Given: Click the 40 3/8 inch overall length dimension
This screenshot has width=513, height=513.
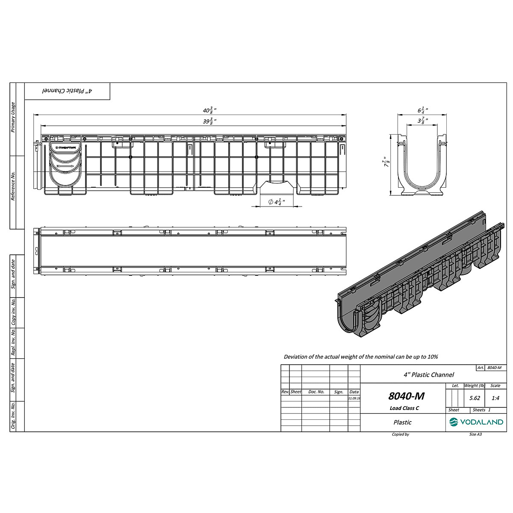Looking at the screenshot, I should point(209,110).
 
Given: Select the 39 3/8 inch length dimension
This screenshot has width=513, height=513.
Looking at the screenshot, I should point(209,121).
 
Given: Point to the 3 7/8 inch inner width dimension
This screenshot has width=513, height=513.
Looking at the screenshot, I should point(423,121).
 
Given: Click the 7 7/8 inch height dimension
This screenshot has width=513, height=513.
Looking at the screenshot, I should point(387,162).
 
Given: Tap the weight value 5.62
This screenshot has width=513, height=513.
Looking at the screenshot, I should point(475,398).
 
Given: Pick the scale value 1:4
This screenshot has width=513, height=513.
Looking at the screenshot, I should point(495,398).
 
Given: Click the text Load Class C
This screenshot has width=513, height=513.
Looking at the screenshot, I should point(404,408).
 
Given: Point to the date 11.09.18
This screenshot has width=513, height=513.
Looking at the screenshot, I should point(354,398).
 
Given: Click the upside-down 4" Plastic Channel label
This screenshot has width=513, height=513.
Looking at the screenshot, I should point(67,91).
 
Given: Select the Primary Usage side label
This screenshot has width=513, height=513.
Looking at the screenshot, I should point(13,118).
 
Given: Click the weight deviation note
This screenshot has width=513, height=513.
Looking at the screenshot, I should point(361,357).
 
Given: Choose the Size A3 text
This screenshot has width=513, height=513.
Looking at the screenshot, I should point(475,434).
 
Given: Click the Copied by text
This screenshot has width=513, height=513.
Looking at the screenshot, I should point(400,434).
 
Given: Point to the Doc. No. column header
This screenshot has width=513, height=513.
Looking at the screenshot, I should point(316,392).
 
